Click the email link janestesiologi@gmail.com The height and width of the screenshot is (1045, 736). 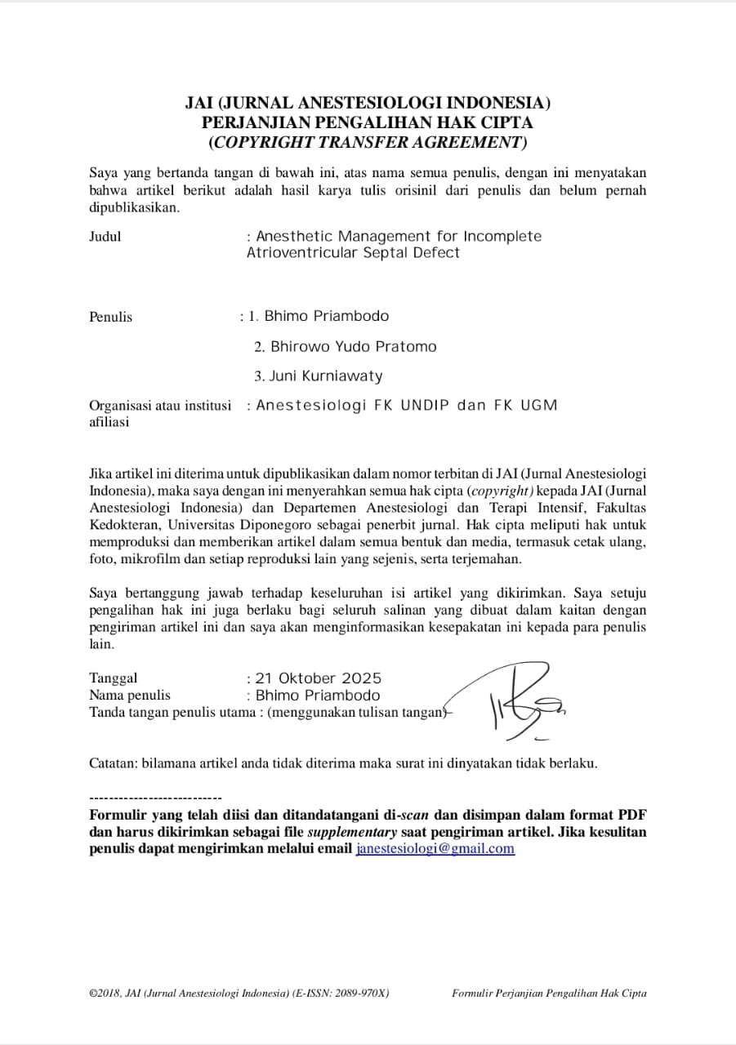pyautogui.click(x=435, y=848)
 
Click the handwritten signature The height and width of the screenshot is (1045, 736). pyautogui.click(x=515, y=702)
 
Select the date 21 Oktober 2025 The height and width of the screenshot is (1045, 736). pyautogui.click(x=319, y=678)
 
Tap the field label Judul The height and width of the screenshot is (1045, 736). pyautogui.click(x=105, y=237)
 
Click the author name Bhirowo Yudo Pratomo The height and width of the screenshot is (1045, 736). pyautogui.click(x=354, y=347)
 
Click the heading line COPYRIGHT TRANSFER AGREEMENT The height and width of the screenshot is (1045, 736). pyautogui.click(x=368, y=142)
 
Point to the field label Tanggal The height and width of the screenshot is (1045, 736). pyautogui.click(x=114, y=678)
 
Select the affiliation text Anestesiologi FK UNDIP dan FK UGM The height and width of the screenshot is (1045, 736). pyautogui.click(x=407, y=406)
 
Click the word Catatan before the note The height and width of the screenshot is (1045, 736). pyautogui.click(x=113, y=764)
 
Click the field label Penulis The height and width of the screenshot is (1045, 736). pyautogui.click(x=110, y=317)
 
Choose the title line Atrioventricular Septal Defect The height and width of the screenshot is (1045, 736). pyautogui.click(x=353, y=253)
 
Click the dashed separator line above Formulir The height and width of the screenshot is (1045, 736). pyautogui.click(x=155, y=797)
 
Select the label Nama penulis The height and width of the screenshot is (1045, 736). pyautogui.click(x=130, y=696)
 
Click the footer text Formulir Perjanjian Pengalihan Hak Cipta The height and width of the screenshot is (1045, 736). pyautogui.click(x=549, y=994)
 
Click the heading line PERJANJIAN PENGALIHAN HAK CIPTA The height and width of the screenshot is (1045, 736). pyautogui.click(x=368, y=122)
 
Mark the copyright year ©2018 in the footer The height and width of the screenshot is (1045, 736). pyautogui.click(x=105, y=994)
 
